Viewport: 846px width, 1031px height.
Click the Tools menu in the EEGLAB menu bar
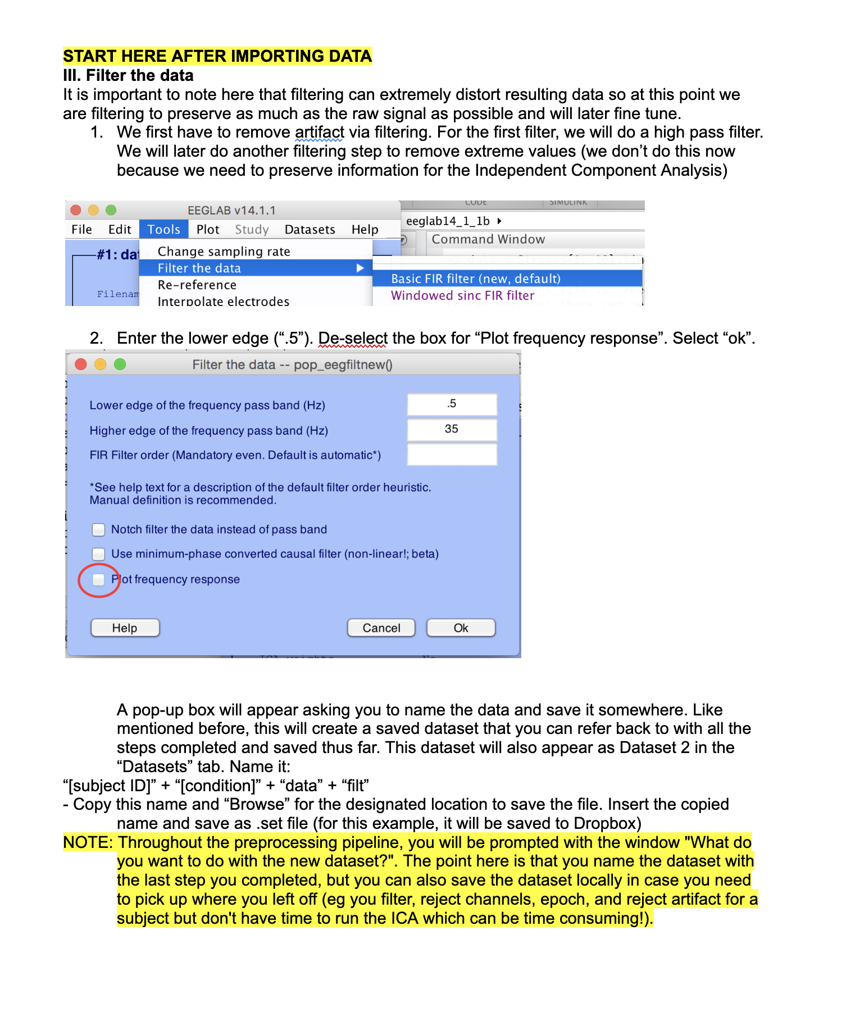click(x=163, y=230)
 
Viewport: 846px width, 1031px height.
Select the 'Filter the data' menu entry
click(x=199, y=268)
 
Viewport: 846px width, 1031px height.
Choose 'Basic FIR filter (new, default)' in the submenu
click(x=475, y=279)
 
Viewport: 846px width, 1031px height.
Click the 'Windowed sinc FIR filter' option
click(x=462, y=296)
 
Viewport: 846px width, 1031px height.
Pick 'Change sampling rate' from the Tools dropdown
click(x=224, y=252)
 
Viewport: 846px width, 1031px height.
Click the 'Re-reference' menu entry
click(x=197, y=285)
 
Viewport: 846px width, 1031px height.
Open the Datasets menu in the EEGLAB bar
click(x=310, y=230)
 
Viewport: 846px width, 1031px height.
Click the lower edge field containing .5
click(x=452, y=404)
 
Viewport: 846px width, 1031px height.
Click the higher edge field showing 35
click(x=452, y=430)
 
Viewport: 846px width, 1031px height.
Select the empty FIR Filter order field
click(x=452, y=455)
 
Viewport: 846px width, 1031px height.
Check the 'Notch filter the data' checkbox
click(x=99, y=530)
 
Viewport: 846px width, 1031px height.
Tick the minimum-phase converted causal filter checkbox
click(x=99, y=554)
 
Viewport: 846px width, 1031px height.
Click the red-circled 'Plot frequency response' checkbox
click(x=99, y=580)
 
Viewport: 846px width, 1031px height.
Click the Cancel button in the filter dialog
click(x=381, y=628)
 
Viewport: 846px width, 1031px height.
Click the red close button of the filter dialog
click(x=81, y=364)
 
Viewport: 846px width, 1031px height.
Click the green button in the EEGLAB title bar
click(x=111, y=210)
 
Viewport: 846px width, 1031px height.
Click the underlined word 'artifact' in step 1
click(x=319, y=133)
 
